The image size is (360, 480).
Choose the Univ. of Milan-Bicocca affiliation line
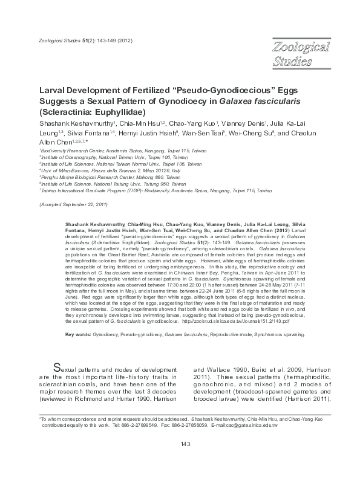pyautogui.click(x=119, y=171)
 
